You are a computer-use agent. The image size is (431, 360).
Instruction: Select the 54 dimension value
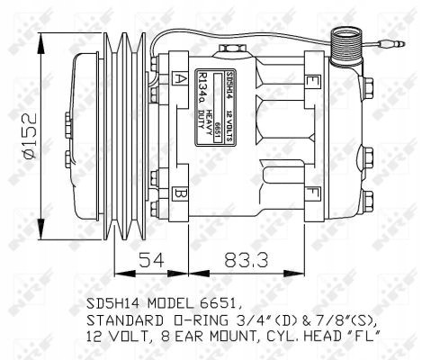(150, 262)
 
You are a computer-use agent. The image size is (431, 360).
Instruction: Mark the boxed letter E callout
(311, 81)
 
